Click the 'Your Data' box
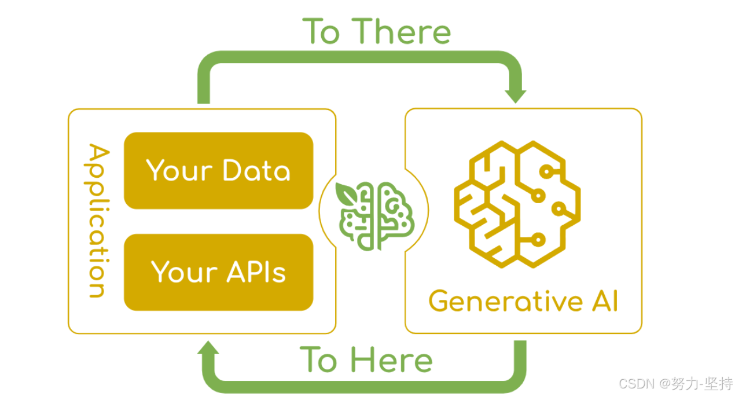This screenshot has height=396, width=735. tap(218, 171)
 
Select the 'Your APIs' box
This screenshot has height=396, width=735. tap(218, 272)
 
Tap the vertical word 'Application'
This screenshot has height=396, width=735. tap(98, 221)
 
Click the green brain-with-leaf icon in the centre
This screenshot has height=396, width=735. tap(377, 215)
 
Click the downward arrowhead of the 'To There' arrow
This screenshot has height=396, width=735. tap(515, 95)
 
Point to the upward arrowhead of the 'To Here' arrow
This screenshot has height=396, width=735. tap(208, 348)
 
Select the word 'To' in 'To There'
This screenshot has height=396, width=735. tap(321, 31)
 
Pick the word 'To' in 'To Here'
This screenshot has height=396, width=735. tap(318, 360)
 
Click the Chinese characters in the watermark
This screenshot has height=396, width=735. tap(703, 384)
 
